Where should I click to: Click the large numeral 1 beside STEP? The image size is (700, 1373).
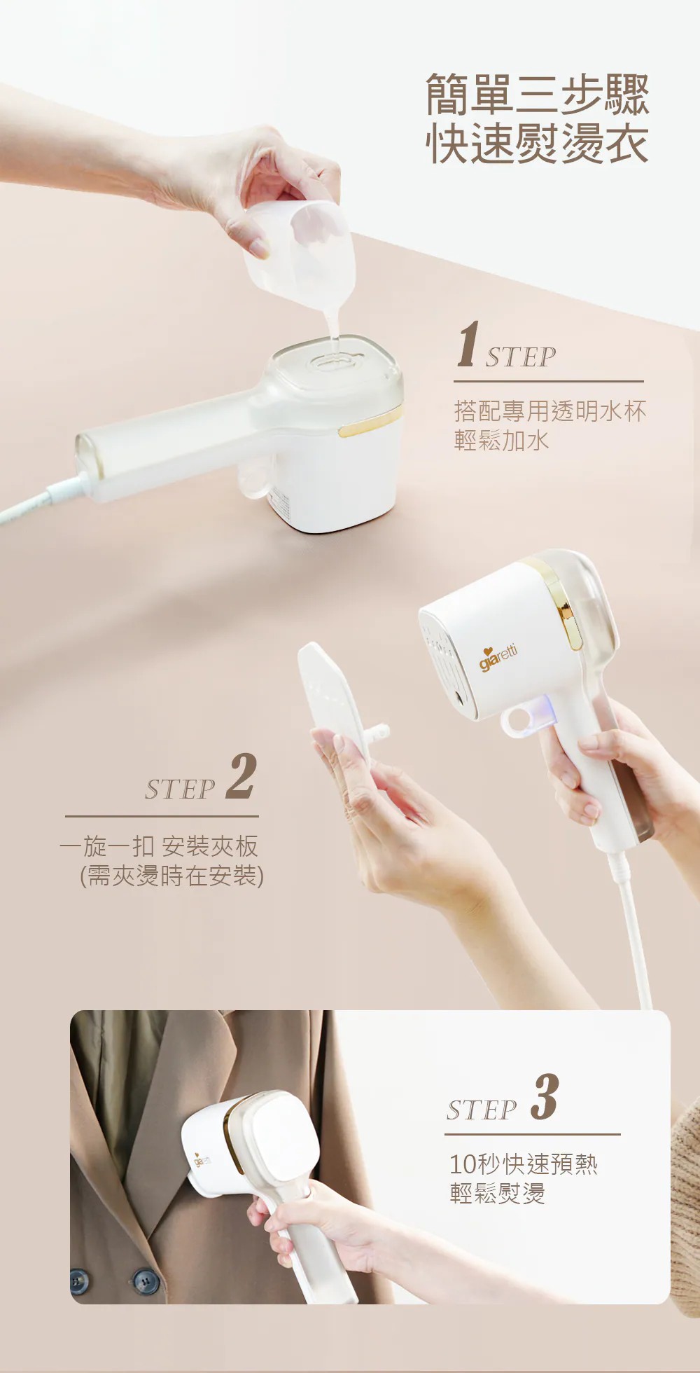click(x=468, y=344)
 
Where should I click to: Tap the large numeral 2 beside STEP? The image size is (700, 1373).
click(x=241, y=776)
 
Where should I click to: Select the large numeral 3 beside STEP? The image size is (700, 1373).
click(x=544, y=1096)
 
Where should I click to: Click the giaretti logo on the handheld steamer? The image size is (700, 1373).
click(x=498, y=657)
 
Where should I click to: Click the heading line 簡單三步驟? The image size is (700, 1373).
click(x=538, y=94)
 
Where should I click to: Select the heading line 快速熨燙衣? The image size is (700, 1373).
click(x=538, y=144)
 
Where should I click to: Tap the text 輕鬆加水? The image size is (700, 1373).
click(x=501, y=441)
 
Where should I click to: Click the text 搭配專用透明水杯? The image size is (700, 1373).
click(x=550, y=411)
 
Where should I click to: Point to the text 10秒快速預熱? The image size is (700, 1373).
click(x=524, y=1164)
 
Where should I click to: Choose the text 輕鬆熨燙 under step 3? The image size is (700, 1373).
click(x=497, y=1193)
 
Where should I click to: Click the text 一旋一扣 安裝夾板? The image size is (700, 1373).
click(x=159, y=846)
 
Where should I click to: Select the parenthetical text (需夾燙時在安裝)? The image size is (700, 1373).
click(x=172, y=876)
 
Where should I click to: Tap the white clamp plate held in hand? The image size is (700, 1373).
click(x=336, y=701)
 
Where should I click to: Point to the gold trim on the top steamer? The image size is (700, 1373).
click(x=371, y=423)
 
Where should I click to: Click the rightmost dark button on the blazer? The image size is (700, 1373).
click(x=146, y=1281)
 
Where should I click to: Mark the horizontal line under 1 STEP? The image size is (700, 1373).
click(x=549, y=382)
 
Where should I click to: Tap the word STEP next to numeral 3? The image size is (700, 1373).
click(x=482, y=1110)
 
